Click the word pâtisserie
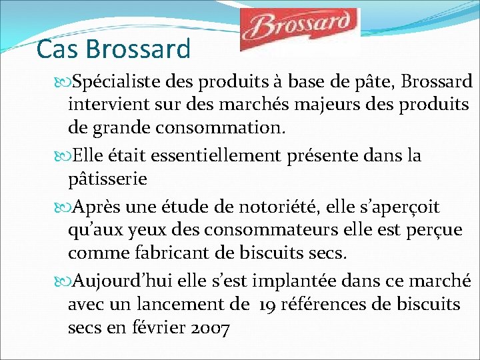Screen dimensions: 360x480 pos(107,179)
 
